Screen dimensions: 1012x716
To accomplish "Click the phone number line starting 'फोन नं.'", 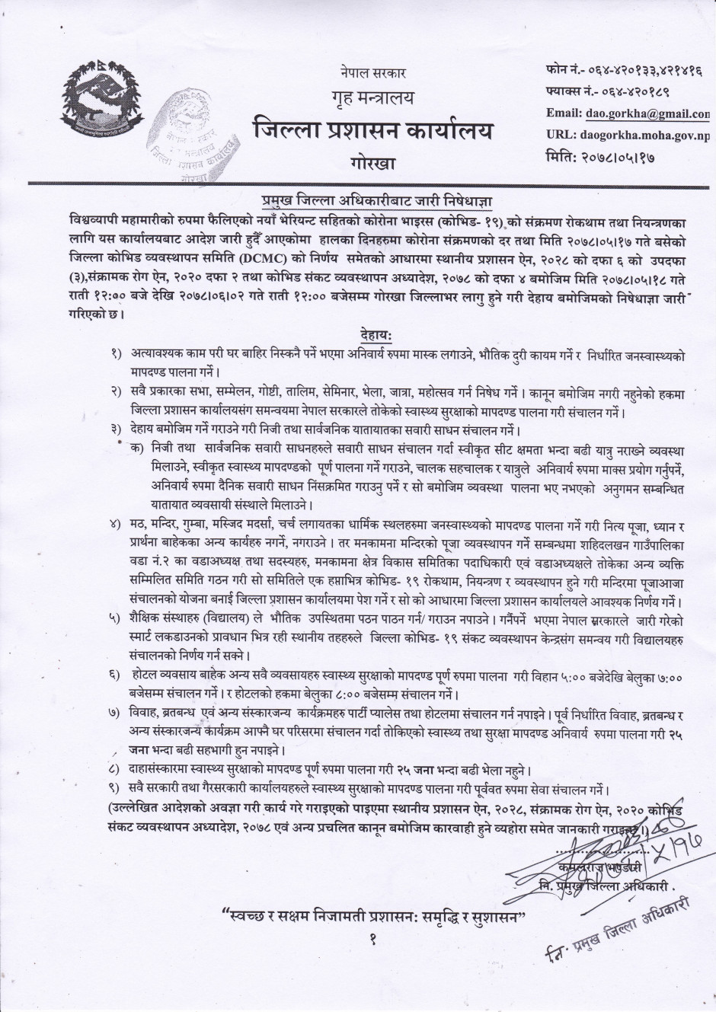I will tap(623, 71).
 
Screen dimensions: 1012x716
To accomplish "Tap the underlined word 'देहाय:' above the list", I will tap(376, 335).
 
